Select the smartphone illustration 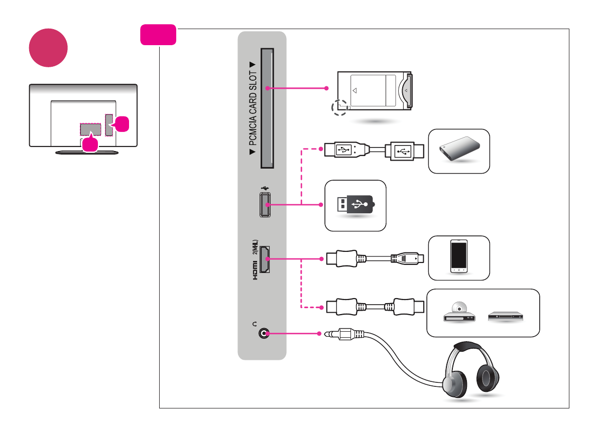coord(459,256)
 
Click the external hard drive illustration coord(458,150)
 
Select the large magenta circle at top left coord(48,48)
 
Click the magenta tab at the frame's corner coord(158,35)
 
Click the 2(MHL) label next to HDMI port coord(255,248)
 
